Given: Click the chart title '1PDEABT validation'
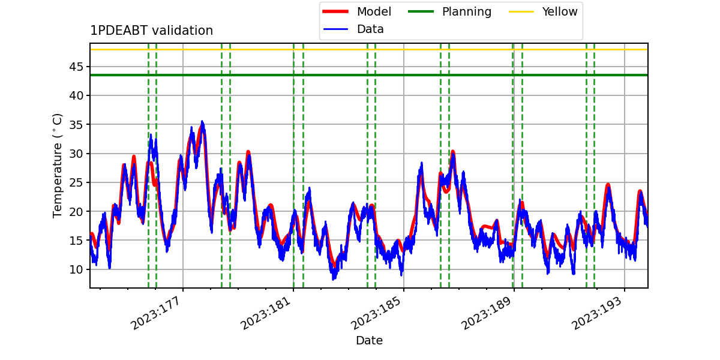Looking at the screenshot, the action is [x=151, y=31].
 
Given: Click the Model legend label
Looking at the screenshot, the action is [x=374, y=11].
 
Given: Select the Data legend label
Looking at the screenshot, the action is [x=370, y=29].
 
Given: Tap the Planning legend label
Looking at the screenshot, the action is [x=467, y=11].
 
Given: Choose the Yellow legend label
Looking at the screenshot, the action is [x=560, y=11].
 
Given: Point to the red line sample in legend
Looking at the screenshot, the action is [x=335, y=11].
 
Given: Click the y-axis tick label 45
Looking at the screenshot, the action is [x=76, y=67].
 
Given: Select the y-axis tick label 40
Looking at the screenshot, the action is [x=76, y=95].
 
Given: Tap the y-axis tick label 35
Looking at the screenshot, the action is [x=76, y=124].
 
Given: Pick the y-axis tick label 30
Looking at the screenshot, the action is [x=76, y=154].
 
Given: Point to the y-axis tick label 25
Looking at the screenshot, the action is [x=76, y=182].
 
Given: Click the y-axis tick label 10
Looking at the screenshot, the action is [x=76, y=269].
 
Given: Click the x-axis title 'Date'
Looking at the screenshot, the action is [x=369, y=340].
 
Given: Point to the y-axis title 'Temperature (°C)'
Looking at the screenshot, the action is [x=57, y=166].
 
